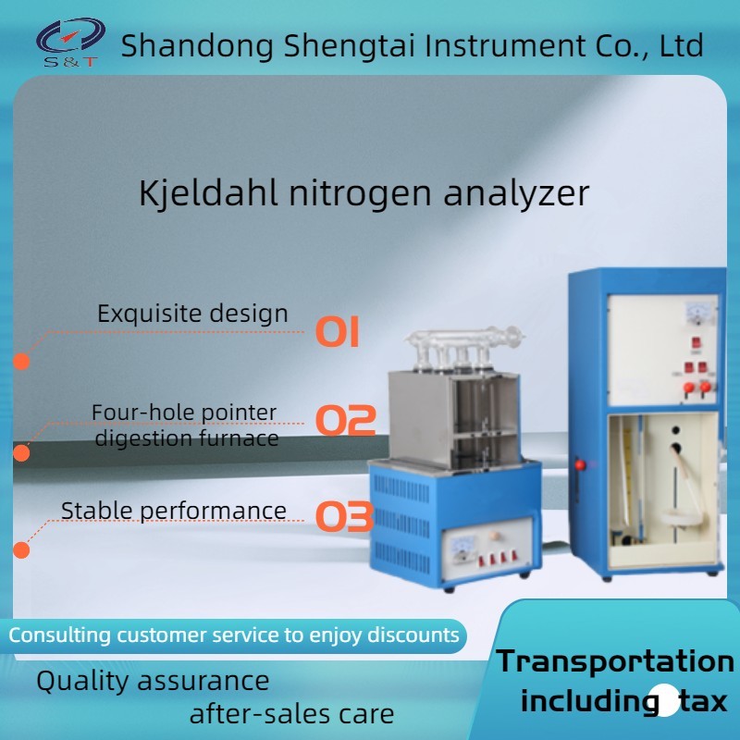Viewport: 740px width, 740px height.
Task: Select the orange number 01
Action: [x=338, y=330]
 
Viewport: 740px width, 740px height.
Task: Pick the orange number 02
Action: [x=344, y=420]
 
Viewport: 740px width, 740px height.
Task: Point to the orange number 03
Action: [x=344, y=516]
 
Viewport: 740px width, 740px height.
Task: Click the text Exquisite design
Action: [x=192, y=314]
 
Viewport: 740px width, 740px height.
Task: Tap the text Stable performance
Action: [x=173, y=511]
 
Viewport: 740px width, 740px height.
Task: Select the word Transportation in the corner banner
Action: [x=615, y=660]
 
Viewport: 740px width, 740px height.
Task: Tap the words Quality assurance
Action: [x=153, y=682]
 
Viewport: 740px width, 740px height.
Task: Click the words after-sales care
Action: [x=291, y=714]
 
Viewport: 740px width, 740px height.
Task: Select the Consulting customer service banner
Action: [x=233, y=635]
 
